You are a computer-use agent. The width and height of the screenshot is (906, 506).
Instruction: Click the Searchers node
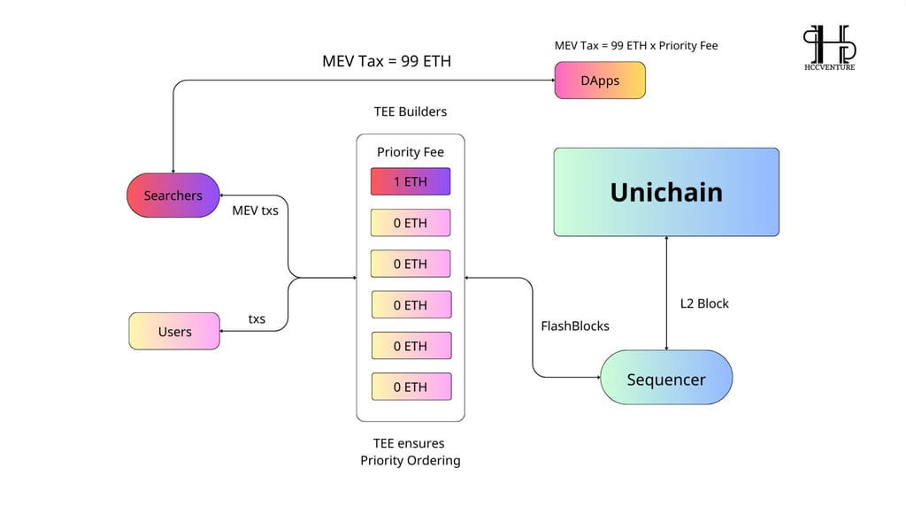coord(173,195)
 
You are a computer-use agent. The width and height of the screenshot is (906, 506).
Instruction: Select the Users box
coord(174,331)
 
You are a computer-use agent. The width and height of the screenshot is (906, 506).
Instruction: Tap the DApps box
coord(600,80)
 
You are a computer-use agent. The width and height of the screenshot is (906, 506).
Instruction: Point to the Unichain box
coord(666,192)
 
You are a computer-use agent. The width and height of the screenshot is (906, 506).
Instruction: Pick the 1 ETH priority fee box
coord(411,181)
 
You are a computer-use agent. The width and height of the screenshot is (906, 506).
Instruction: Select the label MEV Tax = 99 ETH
coord(387,61)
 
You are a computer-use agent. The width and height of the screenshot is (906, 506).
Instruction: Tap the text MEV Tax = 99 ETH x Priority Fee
coord(636,46)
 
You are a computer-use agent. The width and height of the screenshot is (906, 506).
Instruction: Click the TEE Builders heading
coord(411,111)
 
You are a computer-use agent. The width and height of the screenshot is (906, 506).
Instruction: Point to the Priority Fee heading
coord(411,152)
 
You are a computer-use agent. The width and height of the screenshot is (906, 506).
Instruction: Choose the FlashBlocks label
coord(575,326)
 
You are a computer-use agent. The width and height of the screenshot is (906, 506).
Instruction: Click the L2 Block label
coord(704,303)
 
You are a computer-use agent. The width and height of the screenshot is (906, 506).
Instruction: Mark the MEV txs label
coord(255,211)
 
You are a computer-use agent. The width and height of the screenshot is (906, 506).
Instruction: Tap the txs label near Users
coord(257,318)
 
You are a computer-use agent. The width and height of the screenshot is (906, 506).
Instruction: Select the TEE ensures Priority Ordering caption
coord(411,452)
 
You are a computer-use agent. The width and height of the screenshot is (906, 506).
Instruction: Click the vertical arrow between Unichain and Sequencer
coord(666,293)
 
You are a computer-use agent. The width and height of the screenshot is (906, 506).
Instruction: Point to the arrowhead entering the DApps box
coord(552,80)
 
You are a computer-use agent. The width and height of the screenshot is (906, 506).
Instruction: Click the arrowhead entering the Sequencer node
coord(598,377)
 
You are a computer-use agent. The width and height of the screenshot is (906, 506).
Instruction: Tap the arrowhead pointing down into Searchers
coord(173,171)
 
